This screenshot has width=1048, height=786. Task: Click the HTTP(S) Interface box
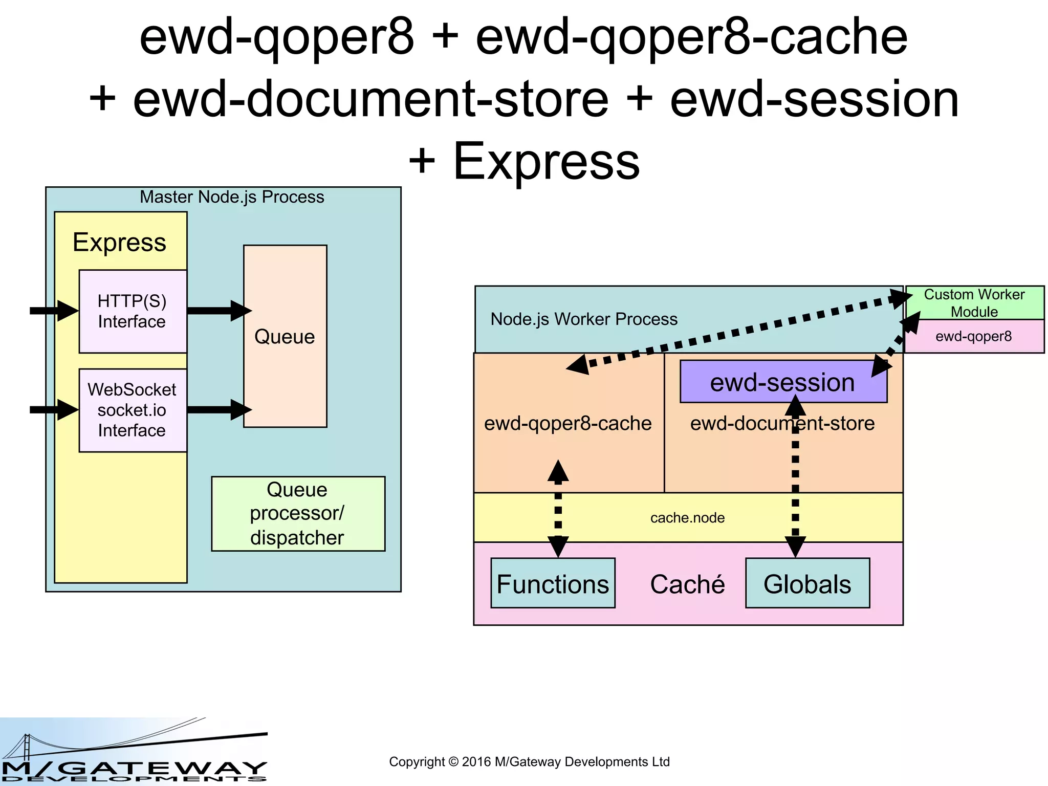tap(133, 311)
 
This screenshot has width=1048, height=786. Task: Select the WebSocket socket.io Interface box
tap(133, 410)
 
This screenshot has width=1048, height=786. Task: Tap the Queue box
tap(285, 336)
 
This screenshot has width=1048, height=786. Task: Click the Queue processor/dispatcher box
tap(298, 513)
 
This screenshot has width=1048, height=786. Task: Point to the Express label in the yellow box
tap(119, 242)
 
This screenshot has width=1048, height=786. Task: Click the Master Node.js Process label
tap(232, 197)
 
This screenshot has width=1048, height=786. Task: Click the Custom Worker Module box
tap(974, 302)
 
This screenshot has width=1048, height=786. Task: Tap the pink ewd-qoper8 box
tap(974, 336)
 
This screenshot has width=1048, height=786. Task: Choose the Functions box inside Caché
tap(553, 583)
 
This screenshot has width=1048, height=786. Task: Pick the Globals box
tap(807, 583)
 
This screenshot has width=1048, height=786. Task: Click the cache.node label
tap(687, 518)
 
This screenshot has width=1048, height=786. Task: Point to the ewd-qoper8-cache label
tap(568, 423)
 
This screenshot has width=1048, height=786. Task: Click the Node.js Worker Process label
tap(584, 319)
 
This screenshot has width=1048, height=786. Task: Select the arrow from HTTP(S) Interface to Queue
tap(217, 311)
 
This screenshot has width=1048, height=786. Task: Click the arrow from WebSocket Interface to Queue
tap(217, 409)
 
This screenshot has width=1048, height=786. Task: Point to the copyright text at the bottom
tap(529, 761)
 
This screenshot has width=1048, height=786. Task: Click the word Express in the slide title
tap(546, 161)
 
